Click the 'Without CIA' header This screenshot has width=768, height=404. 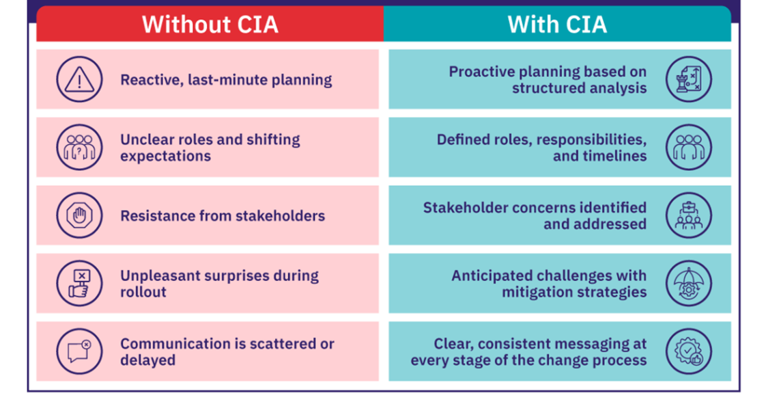coord(210,25)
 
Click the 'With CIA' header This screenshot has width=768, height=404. coord(557,25)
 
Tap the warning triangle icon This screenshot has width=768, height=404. coord(79,79)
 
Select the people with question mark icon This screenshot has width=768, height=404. coord(79,147)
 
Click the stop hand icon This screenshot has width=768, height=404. coord(79,215)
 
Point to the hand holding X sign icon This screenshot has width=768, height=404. coord(79,284)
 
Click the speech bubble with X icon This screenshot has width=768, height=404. coord(79,351)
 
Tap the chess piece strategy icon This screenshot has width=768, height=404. coord(689,79)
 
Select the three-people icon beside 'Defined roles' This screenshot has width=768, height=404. coord(689,147)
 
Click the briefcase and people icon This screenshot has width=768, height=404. coord(689,215)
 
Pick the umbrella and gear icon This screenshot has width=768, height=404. coord(689,284)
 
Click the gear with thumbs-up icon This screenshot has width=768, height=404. coord(689,351)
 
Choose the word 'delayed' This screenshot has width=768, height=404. coord(148,360)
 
